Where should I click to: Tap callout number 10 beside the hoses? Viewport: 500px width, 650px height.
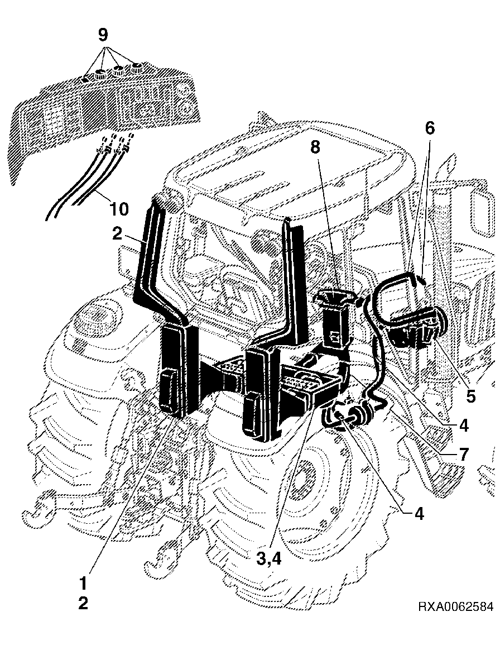pos(118,209)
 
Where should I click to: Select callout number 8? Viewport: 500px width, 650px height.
pos(315,147)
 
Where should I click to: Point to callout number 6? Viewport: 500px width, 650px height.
pos(430,128)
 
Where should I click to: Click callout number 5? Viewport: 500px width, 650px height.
pos(470,395)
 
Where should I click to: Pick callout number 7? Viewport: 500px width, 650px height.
pos(463,455)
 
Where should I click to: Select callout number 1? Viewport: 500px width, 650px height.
pos(83,583)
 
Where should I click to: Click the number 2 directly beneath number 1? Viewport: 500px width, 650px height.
pos(83,603)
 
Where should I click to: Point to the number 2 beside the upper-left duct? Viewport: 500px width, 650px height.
pos(117,234)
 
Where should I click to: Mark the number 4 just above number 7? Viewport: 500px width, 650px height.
pos(464,426)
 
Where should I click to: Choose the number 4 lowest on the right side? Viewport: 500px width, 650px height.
pos(419,514)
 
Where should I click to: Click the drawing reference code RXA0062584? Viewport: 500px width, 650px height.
pos(455,607)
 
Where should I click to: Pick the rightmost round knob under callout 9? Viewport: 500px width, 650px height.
pos(136,68)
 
